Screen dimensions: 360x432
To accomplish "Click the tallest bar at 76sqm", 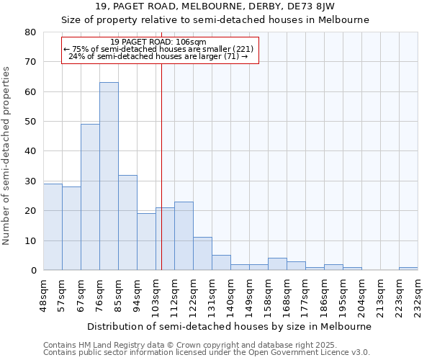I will (109, 176).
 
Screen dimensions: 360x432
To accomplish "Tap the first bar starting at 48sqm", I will (53, 227).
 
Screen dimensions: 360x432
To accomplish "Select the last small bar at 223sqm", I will (408, 269).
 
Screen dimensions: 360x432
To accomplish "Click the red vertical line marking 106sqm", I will (161, 166).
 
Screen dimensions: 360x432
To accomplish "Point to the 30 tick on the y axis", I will (30, 181).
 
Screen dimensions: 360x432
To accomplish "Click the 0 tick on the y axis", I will (33, 271).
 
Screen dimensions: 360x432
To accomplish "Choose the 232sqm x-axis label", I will (418, 296).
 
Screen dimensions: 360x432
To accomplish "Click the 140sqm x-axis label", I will (230, 296).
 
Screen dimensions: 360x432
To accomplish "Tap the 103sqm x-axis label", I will (156, 296).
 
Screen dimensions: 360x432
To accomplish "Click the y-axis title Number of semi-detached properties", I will (7, 156).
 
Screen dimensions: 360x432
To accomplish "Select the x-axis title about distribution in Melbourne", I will (230, 326).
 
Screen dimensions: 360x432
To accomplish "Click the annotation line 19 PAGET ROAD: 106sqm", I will (159, 42).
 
